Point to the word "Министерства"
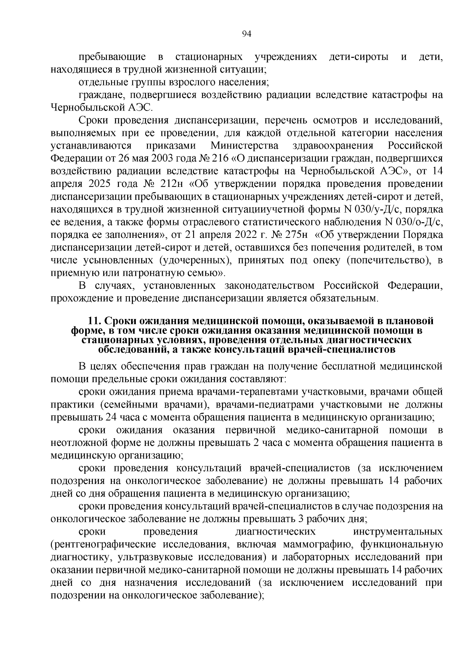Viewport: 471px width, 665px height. [x=245, y=146]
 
